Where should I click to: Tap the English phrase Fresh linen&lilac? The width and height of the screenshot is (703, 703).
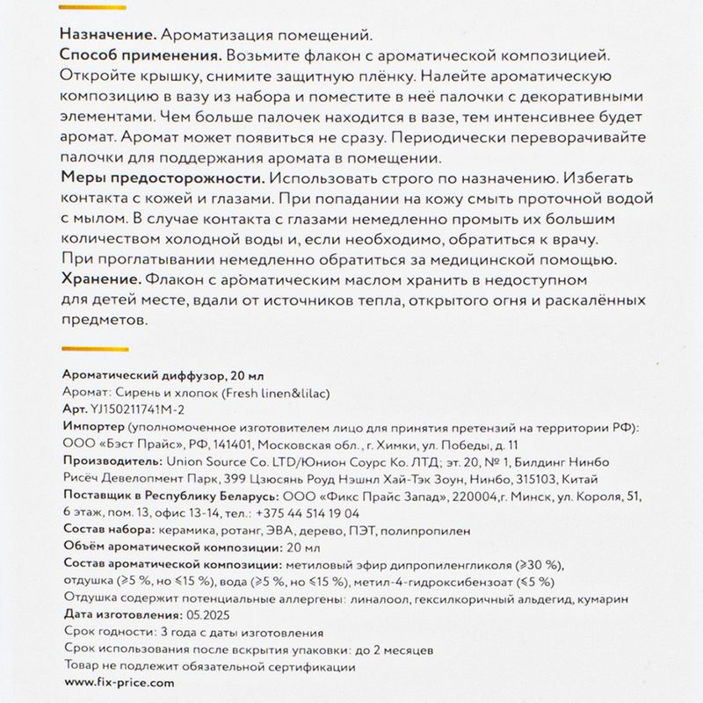273,392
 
